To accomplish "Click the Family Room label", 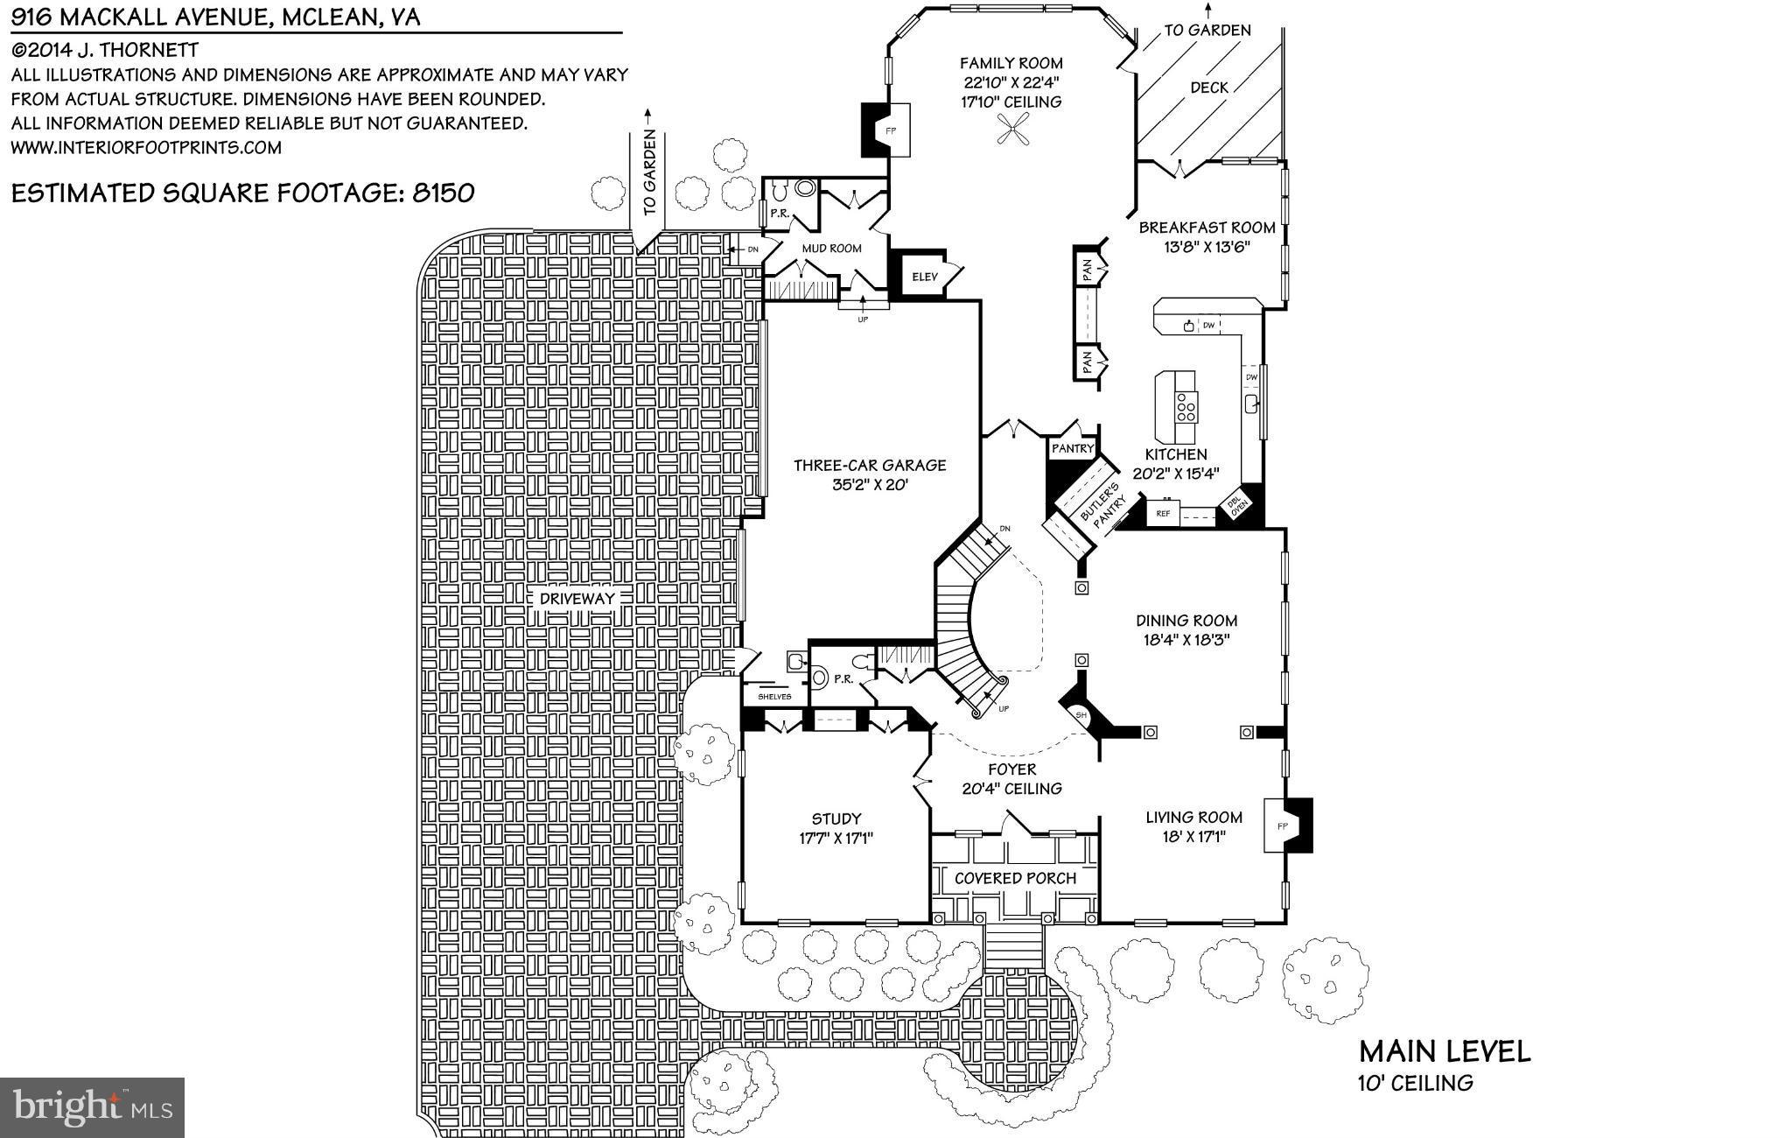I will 1011,63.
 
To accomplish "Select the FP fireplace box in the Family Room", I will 892,130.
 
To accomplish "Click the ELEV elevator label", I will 924,277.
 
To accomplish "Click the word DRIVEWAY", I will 577,599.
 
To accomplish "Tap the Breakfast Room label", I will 1207,228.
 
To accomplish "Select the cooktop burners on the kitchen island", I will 1186,408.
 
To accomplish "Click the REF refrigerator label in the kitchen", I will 1163,513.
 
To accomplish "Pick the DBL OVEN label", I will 1235,508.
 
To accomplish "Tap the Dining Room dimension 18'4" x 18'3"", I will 1186,640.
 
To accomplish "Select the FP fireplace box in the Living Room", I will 1282,825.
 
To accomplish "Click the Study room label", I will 836,819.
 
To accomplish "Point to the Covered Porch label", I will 1015,878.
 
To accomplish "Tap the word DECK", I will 1208,88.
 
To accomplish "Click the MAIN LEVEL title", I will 1444,1051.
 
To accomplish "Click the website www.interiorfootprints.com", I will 146,147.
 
